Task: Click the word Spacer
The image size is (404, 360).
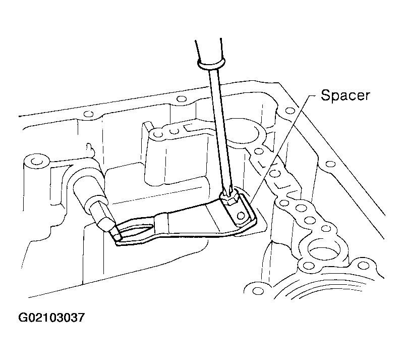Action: [x=345, y=95]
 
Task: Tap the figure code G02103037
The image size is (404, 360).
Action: [x=51, y=318]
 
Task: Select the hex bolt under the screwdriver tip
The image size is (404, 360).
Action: [x=229, y=198]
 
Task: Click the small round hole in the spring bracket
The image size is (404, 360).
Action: [x=241, y=215]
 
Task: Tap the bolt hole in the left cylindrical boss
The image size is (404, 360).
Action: [x=37, y=162]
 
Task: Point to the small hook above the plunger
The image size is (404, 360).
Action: [x=89, y=149]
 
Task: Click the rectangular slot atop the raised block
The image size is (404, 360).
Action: [x=191, y=126]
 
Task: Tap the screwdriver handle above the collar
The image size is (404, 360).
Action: [x=209, y=49]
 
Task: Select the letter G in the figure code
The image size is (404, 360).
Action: [x=23, y=318]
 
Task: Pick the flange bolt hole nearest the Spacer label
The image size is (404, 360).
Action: [x=291, y=111]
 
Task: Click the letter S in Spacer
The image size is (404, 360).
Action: [x=326, y=95]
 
